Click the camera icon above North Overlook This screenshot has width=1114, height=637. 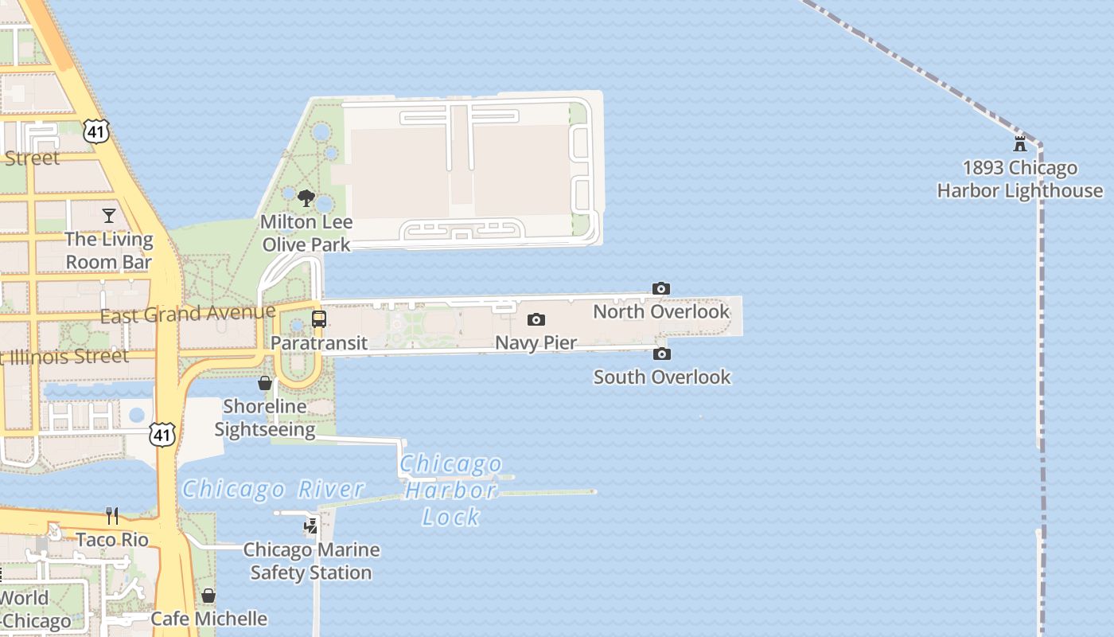coord(660,288)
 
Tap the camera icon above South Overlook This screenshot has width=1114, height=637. coord(661,354)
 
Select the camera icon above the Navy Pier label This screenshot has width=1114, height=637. coord(536,320)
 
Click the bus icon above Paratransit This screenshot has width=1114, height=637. coord(319,319)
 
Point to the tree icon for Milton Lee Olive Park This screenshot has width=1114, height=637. coord(306,198)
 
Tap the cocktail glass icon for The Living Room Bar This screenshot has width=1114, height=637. coord(109,215)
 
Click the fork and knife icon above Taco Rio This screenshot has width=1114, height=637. coord(112,516)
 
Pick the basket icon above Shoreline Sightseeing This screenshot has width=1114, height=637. coord(265,383)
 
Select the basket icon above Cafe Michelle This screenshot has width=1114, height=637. coord(208,596)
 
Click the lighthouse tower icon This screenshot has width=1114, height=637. coord(1019,144)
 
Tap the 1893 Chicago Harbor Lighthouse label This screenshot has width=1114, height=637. coord(1020,179)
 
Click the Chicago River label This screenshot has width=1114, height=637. coord(273,489)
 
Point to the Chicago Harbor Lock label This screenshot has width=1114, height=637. coord(451,490)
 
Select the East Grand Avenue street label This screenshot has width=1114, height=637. coord(188,314)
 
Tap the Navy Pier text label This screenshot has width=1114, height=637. coord(536,342)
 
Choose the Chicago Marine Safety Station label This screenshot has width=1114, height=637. coord(311,561)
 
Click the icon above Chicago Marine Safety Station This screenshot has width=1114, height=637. coord(311,526)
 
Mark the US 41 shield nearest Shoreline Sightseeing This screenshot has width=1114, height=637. coord(162,435)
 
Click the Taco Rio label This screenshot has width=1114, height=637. coord(112,540)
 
